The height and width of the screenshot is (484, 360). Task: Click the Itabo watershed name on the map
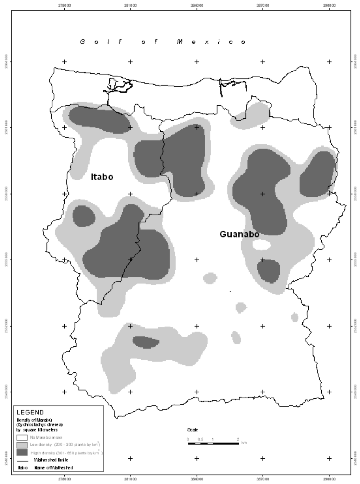click(x=102, y=177)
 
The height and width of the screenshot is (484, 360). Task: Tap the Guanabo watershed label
click(x=239, y=234)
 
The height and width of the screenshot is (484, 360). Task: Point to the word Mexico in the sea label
click(x=211, y=42)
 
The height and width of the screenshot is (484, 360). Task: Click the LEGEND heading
click(x=30, y=412)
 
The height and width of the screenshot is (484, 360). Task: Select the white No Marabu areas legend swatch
click(x=22, y=438)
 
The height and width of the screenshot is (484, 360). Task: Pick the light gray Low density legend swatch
click(x=22, y=445)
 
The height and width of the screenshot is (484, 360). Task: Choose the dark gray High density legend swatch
click(x=22, y=452)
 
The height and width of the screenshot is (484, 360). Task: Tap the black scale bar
click(x=213, y=444)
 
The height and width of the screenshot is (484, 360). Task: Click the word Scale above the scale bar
click(x=192, y=430)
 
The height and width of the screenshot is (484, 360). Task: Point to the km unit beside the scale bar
click(x=244, y=443)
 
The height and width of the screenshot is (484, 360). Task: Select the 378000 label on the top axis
click(x=64, y=6)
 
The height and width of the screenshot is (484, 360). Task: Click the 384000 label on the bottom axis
click(x=197, y=478)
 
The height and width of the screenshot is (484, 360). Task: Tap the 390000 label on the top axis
click(x=329, y=6)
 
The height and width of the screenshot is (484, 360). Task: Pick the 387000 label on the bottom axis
click(x=263, y=478)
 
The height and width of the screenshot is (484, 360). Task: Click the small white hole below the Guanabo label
click(x=262, y=244)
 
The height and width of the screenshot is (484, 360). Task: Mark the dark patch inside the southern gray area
click(x=145, y=342)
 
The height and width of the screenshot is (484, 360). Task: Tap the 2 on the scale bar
click(x=238, y=439)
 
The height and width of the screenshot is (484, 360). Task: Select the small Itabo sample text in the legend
click(x=20, y=468)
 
